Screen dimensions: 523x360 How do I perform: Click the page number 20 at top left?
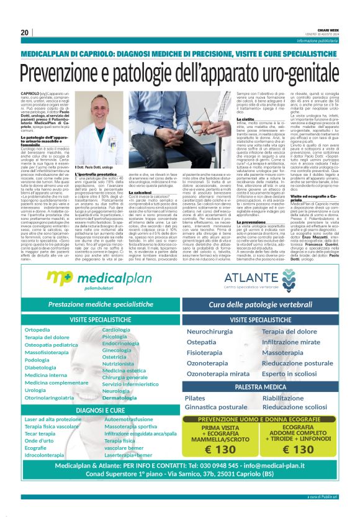25,32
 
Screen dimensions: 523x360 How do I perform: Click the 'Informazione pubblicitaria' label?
319,41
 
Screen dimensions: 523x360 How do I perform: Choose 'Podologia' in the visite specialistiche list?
37,360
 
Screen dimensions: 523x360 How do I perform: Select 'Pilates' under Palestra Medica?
196,398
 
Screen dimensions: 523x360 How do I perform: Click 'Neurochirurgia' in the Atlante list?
210,331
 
